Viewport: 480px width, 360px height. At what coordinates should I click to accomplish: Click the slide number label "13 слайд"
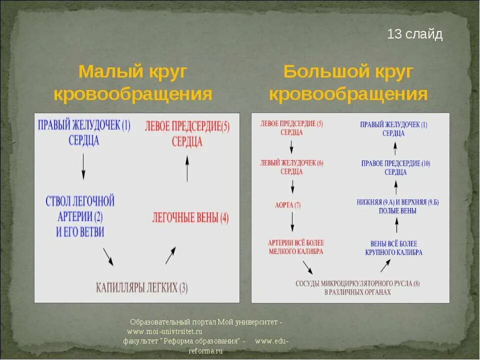pos(415,34)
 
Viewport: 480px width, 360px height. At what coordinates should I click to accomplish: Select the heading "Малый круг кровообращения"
pos(133,83)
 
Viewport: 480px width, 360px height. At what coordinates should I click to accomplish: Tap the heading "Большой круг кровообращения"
pos(348,83)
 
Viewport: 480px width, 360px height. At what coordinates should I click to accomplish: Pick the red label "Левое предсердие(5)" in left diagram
pos(187,133)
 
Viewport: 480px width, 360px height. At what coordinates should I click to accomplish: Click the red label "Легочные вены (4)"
pos(190,217)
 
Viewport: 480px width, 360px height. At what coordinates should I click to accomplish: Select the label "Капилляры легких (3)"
pos(142,287)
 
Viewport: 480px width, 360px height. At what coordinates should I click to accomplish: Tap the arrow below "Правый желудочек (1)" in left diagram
pos(83,166)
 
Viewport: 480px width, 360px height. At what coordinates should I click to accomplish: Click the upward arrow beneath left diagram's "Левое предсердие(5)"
pos(187,168)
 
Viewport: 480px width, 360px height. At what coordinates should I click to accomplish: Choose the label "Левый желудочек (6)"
pos(291,167)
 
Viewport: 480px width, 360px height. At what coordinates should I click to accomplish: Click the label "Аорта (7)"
pos(287,205)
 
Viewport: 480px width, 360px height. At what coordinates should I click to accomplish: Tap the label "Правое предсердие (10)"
pos(395,167)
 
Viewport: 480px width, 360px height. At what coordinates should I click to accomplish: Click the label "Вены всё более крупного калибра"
pos(394,248)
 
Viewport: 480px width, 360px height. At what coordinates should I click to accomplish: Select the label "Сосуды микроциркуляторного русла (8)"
pos(357,287)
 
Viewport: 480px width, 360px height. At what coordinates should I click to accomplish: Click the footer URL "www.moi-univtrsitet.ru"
pos(164,331)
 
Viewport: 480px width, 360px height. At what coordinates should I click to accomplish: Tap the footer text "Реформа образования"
pos(203,341)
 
